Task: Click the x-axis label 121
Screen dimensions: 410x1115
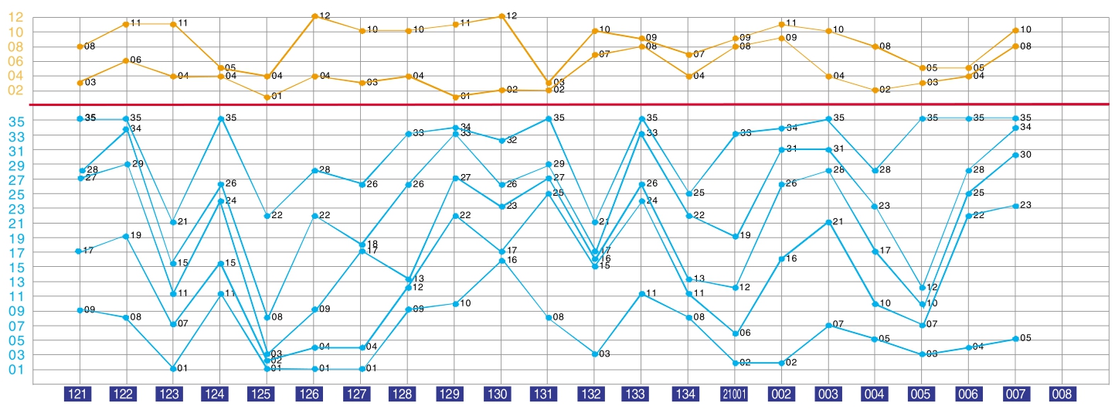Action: click(79, 394)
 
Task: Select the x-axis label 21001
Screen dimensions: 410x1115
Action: click(735, 394)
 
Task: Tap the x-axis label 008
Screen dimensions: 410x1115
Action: click(1062, 394)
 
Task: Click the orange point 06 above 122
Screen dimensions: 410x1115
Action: click(125, 60)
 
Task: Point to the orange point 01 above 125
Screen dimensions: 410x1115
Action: click(267, 97)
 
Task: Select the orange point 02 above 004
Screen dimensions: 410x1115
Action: click(875, 90)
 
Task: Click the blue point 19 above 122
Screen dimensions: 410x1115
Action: click(125, 236)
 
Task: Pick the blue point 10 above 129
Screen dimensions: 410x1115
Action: click(454, 303)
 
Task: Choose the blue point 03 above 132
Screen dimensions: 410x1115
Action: click(595, 354)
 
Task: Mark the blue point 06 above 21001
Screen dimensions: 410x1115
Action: click(735, 333)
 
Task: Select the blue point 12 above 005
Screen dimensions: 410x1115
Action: click(923, 288)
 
